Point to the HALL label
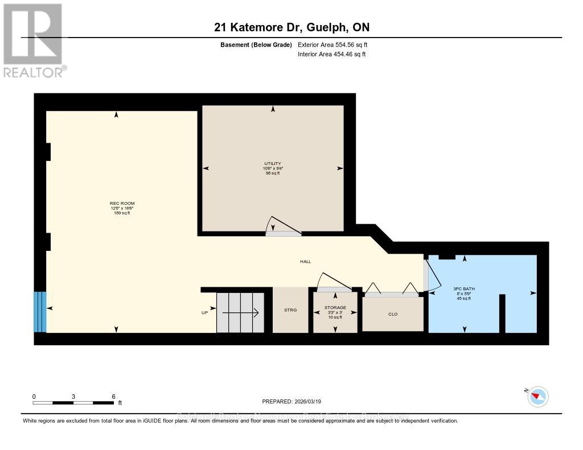coord(306,262)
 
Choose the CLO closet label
coord(392,313)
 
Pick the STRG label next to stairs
coord(291,311)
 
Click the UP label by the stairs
coord(204,312)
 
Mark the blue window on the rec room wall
coord(40,312)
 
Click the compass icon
coord(537,396)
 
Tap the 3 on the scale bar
coord(73,397)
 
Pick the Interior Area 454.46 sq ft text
coord(332,54)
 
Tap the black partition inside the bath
coord(502,313)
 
